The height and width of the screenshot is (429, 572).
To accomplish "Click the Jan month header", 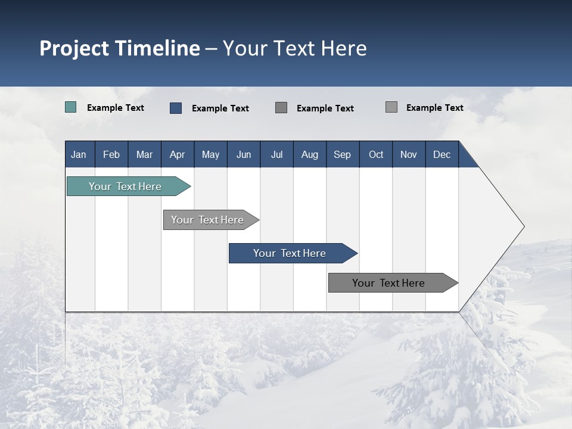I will (x=79, y=155).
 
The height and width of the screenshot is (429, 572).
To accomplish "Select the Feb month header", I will (x=111, y=155).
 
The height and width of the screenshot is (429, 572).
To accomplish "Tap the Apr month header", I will (x=177, y=155).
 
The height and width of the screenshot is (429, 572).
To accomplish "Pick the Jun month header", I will (x=244, y=155).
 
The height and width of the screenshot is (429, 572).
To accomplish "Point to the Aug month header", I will (x=310, y=155).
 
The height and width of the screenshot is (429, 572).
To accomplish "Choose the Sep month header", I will (x=343, y=155).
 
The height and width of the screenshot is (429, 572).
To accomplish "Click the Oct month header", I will (x=376, y=155).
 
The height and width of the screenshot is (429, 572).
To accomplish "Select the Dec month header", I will (x=442, y=155).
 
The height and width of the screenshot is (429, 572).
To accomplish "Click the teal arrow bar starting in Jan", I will (x=125, y=186).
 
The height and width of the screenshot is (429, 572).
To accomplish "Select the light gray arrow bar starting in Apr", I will (x=207, y=220).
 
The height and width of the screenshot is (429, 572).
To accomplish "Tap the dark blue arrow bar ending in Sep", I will (x=290, y=253).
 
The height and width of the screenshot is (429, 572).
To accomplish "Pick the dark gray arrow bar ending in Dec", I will (x=388, y=283).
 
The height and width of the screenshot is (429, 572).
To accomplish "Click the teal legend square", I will (x=71, y=107).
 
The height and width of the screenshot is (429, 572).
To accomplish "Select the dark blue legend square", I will (x=176, y=108).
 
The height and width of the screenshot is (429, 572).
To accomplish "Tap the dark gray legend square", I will (x=281, y=107).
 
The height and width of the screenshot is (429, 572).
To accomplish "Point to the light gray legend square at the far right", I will (x=391, y=107).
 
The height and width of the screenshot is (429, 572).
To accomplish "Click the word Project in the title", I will (x=74, y=48).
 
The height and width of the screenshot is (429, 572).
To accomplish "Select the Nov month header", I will (x=409, y=155).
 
